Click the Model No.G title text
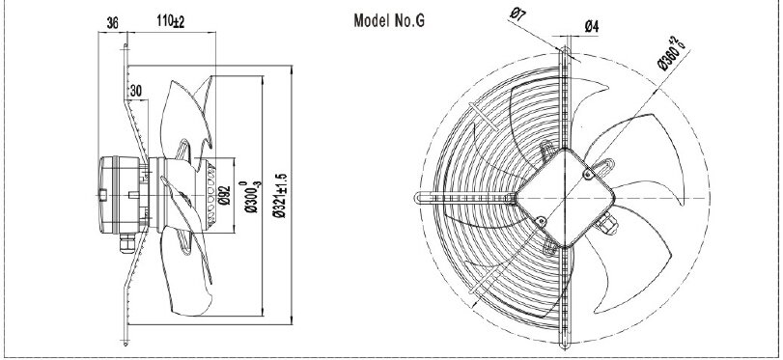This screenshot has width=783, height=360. click(x=389, y=21)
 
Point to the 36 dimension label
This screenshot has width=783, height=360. click(x=113, y=23)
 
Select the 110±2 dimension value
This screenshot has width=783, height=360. click(x=171, y=21)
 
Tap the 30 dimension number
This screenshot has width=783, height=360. click(x=136, y=91)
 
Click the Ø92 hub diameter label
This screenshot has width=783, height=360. click(x=225, y=195)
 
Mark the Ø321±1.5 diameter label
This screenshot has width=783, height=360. click(x=280, y=196)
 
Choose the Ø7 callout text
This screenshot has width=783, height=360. click(x=517, y=14)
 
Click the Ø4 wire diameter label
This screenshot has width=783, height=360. click(x=591, y=26)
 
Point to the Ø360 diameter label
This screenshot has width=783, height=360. click(x=672, y=53)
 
